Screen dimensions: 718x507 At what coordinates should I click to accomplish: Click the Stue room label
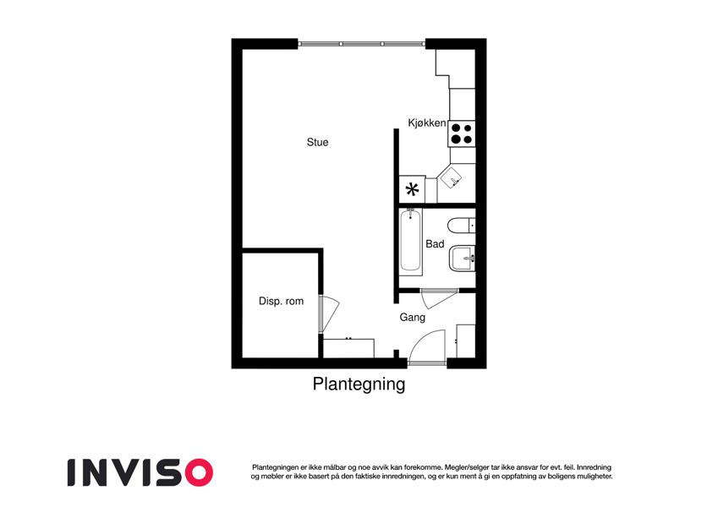[x=317, y=142]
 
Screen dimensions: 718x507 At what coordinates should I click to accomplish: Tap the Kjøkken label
[x=427, y=123]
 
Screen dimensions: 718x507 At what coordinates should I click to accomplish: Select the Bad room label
[x=435, y=244]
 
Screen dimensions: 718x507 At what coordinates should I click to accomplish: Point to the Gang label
[x=412, y=317]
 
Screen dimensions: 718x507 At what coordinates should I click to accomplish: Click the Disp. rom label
[x=281, y=301]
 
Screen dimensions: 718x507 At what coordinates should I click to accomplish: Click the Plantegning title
[x=359, y=384]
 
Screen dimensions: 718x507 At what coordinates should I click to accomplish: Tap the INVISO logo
[x=140, y=472]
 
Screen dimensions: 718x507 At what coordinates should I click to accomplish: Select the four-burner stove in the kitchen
[x=462, y=134]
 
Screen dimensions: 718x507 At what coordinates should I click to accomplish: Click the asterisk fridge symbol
[x=412, y=189]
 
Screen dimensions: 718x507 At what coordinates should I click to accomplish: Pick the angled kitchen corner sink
[x=454, y=177]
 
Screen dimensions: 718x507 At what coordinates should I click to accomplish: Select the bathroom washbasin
[x=463, y=259]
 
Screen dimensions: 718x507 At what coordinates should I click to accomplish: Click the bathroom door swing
[x=440, y=298]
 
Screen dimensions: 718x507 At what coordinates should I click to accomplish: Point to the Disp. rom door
[x=329, y=313]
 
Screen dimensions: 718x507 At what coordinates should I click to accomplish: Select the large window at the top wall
[x=362, y=44]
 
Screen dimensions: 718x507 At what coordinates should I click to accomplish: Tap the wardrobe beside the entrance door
[x=466, y=341]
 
